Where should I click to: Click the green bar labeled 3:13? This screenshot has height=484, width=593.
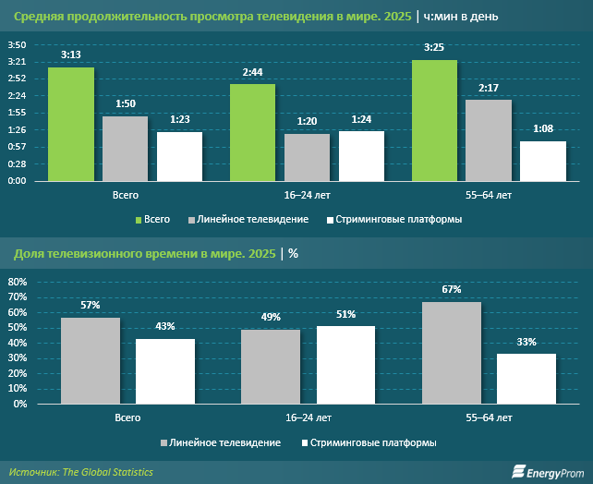(71, 124)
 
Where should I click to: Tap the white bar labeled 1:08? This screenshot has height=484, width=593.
(542, 161)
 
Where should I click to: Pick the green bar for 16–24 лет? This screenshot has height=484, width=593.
(252, 132)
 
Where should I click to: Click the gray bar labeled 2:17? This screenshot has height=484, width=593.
(488, 139)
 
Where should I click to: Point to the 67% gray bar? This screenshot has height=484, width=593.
(451, 353)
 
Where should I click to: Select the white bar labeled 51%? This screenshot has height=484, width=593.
(345, 365)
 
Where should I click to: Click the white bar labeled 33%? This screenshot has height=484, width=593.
(526, 379)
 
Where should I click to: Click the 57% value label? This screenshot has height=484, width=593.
(90, 305)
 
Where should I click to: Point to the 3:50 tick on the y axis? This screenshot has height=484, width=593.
(17, 45)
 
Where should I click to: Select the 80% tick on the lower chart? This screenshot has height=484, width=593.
(18, 281)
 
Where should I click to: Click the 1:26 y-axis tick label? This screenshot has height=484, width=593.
(17, 130)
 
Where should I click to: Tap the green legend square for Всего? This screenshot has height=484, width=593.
(139, 220)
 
